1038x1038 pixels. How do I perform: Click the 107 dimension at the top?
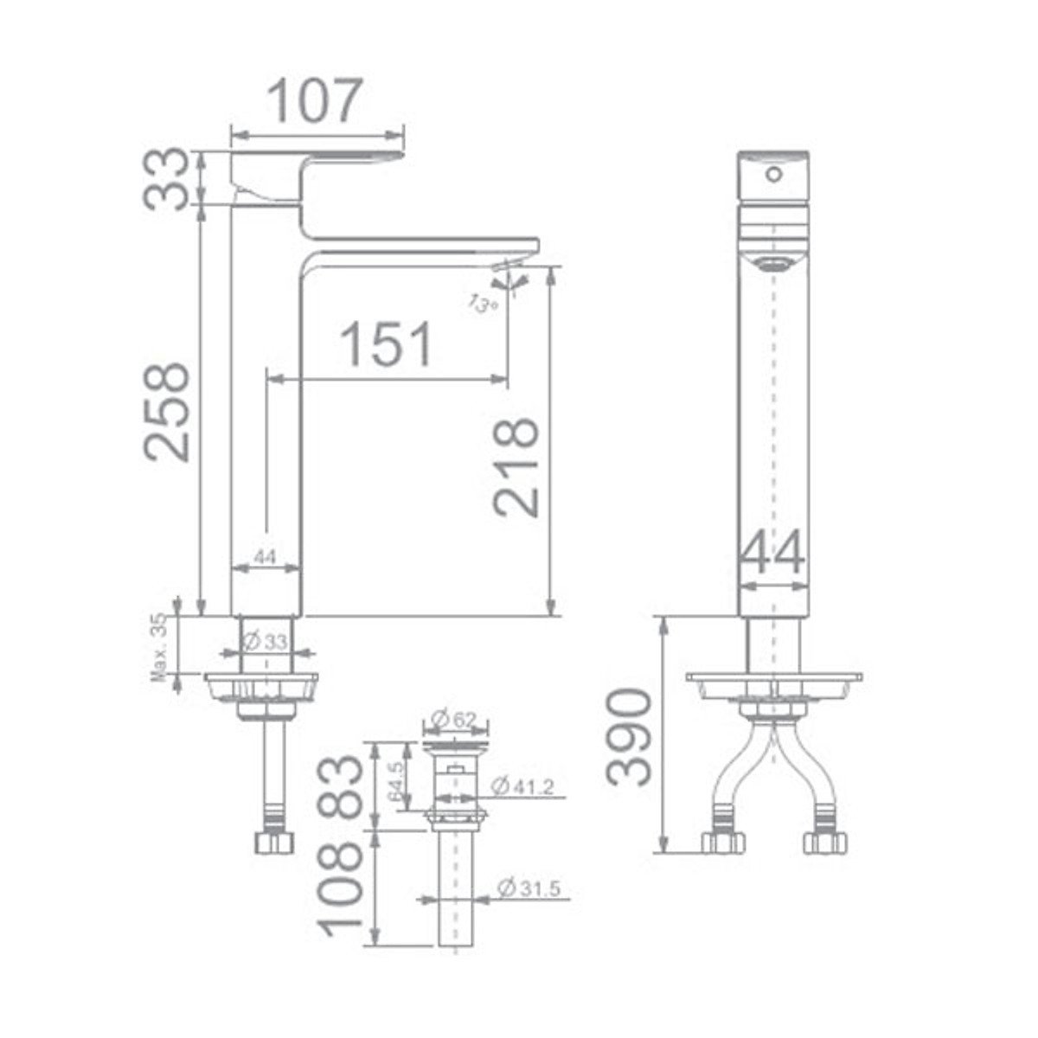pyautogui.click(x=311, y=101)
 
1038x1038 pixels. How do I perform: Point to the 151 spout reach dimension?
pyautogui.click(x=386, y=343)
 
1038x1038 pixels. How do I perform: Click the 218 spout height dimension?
pyautogui.click(x=516, y=468)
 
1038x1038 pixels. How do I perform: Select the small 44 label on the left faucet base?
pyautogui.click(x=266, y=558)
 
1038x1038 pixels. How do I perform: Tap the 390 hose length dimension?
pyautogui.click(x=630, y=736)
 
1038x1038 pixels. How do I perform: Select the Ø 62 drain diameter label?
pyautogui.click(x=458, y=719)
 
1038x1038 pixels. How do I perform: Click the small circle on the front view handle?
pyautogui.click(x=773, y=175)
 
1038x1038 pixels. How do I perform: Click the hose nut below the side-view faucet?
pyautogui.click(x=275, y=843)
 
